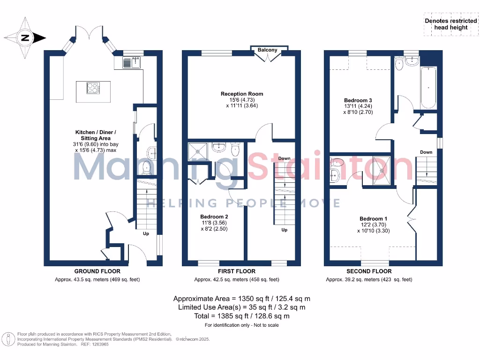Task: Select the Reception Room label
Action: click(x=242, y=94)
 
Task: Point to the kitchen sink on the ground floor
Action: click(x=132, y=62)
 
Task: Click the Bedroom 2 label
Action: click(x=214, y=217)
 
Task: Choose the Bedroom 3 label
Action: click(x=358, y=100)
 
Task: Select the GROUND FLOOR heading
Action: click(x=97, y=271)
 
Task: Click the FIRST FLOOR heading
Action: click(x=237, y=271)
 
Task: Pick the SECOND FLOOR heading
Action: click(x=369, y=271)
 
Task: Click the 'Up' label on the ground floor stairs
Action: click(x=146, y=233)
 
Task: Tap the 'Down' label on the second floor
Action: click(x=426, y=152)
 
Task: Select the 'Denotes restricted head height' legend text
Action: click(x=450, y=24)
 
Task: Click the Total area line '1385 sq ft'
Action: click(x=241, y=316)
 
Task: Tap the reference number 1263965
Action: click(x=101, y=344)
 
